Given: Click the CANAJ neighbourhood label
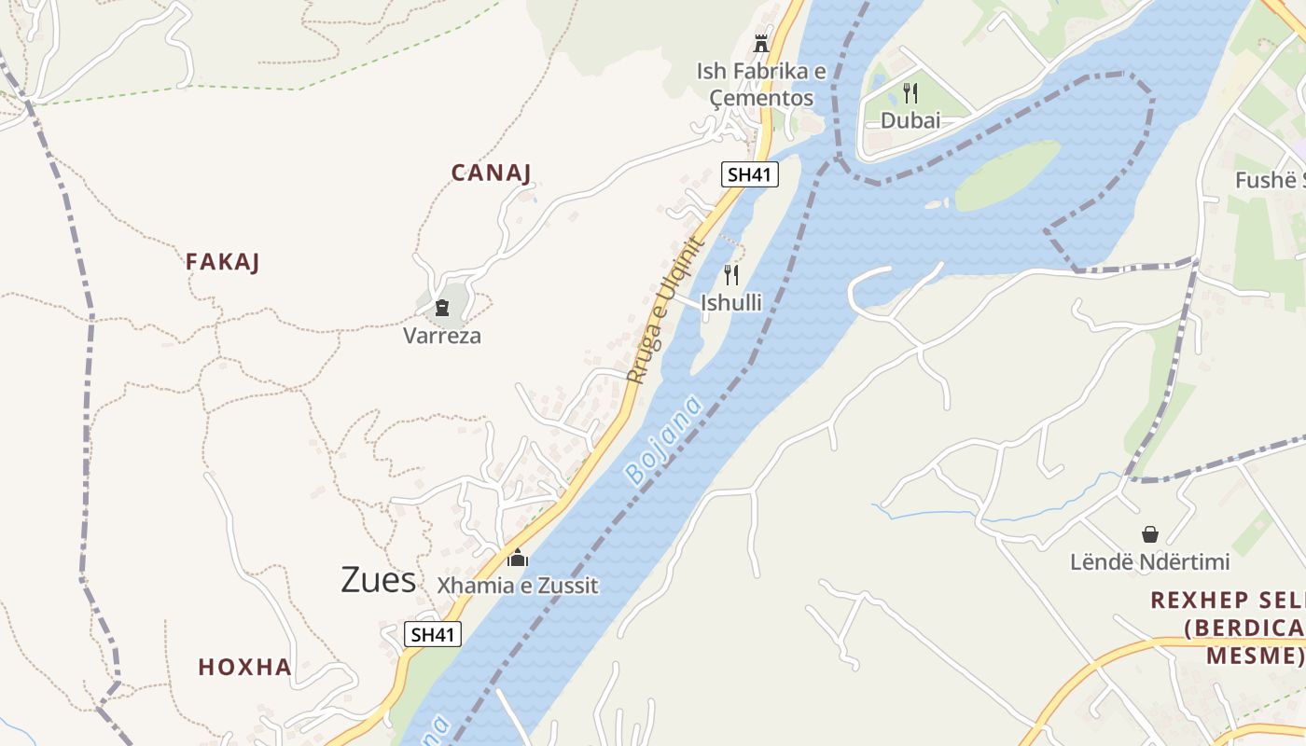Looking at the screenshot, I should click(491, 173).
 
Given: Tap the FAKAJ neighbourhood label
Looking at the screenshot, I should click(222, 262).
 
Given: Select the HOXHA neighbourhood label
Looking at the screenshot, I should click(244, 668).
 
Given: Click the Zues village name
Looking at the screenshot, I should click(378, 580).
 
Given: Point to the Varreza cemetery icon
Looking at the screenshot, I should click(442, 308).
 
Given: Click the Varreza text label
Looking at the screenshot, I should click(442, 336).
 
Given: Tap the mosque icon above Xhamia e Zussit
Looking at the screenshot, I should click(517, 558).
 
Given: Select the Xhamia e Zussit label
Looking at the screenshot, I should click(518, 586).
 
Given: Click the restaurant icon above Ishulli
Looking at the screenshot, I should click(731, 275).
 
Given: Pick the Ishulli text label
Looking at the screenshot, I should click(731, 303).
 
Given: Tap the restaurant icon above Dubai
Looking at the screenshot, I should click(910, 93).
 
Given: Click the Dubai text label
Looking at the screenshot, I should click(910, 120).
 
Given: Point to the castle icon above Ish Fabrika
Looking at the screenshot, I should click(761, 43).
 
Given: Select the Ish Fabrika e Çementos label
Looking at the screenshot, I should click(756, 85).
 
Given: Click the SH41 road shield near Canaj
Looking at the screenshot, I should click(750, 174).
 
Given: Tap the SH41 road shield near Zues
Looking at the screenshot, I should click(434, 635).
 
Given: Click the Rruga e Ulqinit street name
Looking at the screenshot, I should click(663, 311).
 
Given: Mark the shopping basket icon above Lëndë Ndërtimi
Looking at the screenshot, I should click(1149, 534).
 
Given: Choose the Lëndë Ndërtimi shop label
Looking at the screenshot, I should click(1149, 562).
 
